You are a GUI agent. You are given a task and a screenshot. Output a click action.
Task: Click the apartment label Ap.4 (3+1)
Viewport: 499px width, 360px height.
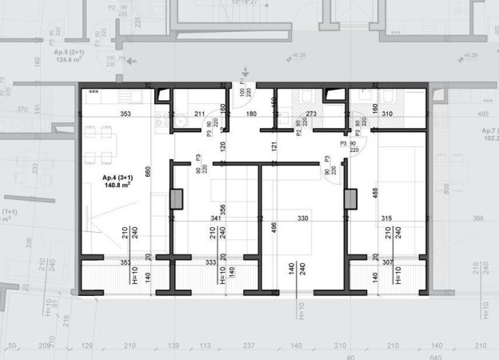pos(117,177)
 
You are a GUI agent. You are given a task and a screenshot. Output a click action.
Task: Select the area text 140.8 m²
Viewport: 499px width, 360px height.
pos(118,185)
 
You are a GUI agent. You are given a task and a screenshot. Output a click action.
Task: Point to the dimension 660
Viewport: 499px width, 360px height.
pos(147,171)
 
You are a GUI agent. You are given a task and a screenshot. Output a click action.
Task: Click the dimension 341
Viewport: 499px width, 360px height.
pos(215,218)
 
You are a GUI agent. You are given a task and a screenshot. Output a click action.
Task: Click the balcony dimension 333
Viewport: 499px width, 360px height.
pos(210,262)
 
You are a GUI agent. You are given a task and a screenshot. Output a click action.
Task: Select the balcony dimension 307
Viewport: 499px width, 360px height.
pos(386,262)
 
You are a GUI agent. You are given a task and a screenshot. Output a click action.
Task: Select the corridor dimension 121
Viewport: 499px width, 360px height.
pos(273,147)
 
